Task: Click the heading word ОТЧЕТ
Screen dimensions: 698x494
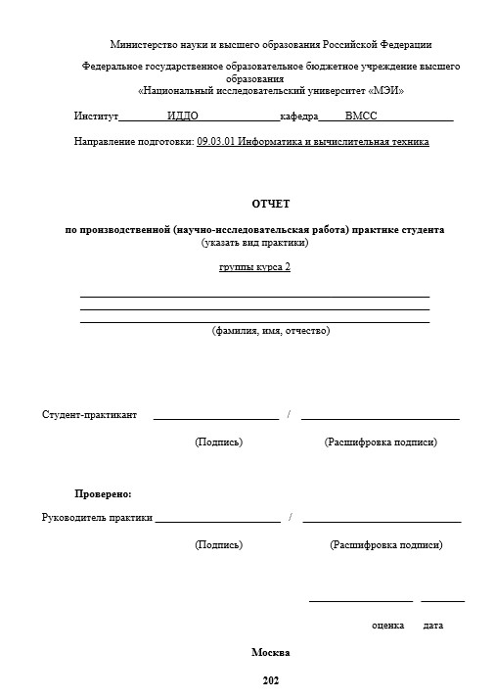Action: (271, 203)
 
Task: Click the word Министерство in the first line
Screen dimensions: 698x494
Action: (144, 44)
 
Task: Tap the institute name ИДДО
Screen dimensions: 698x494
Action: (183, 116)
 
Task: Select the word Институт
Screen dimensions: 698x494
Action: (96, 116)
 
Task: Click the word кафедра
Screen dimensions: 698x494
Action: (299, 116)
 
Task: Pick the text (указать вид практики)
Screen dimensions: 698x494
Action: (254, 242)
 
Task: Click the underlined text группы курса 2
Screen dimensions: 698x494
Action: (254, 267)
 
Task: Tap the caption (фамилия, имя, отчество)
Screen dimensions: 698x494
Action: (271, 331)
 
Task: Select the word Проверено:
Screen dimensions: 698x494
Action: (103, 493)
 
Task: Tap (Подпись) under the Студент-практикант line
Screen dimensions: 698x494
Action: (219, 442)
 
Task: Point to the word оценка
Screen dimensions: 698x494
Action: (388, 625)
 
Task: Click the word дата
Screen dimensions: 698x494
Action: (433, 625)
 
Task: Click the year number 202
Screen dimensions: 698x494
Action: (271, 680)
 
